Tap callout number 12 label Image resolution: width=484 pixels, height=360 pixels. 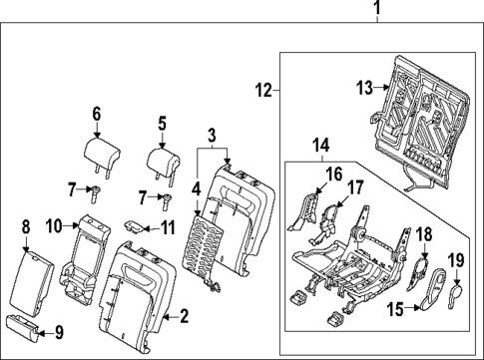pyautogui.click(x=262, y=92)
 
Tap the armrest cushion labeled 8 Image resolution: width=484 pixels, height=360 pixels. pyautogui.click(x=35, y=282)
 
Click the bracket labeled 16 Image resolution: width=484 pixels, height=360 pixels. pyautogui.click(x=308, y=209)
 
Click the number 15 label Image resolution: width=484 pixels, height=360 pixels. pyautogui.click(x=395, y=310)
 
